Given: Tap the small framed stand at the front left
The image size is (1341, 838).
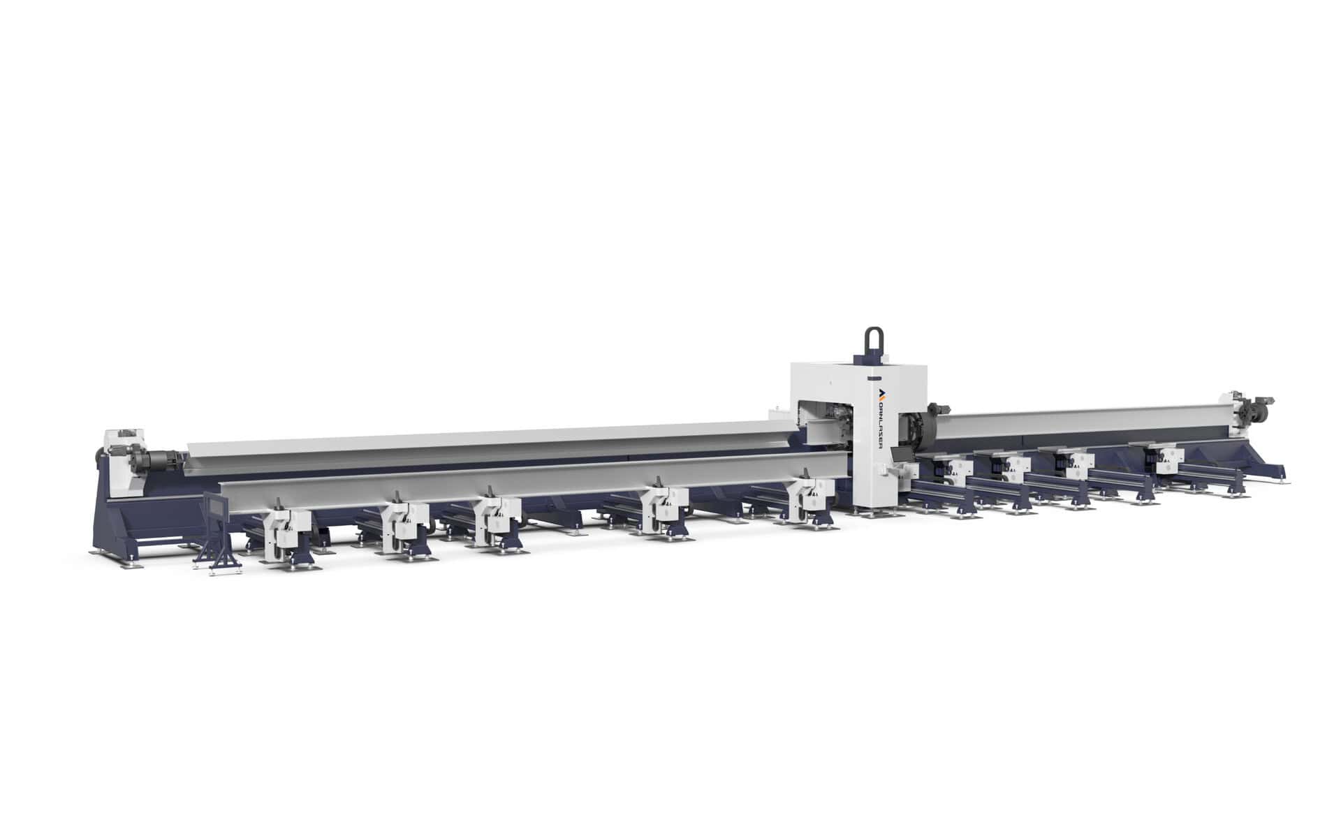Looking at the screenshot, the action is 217,531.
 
